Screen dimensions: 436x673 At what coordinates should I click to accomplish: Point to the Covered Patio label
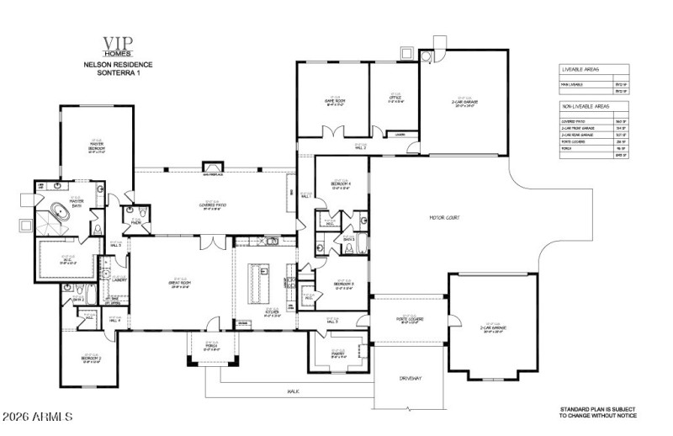(x=216, y=205)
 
